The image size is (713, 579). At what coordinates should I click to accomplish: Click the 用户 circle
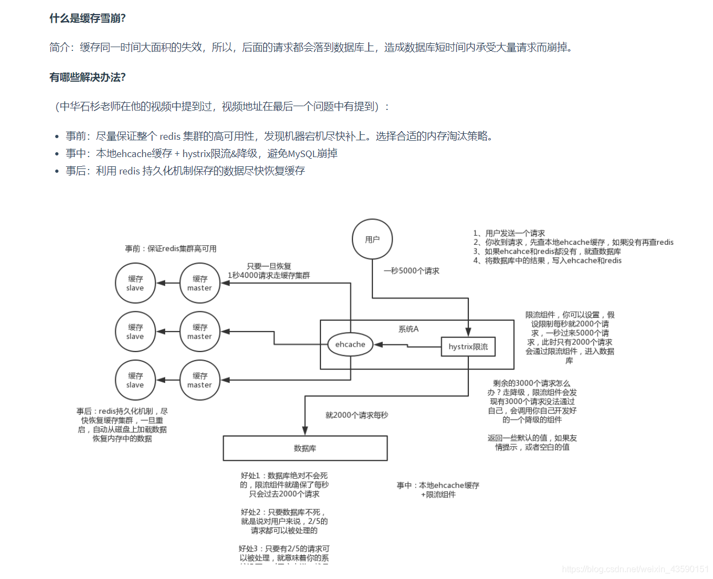click(x=372, y=239)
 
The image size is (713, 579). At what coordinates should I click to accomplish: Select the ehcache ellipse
click(x=350, y=344)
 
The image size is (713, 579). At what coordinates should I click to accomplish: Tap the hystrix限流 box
click(x=468, y=347)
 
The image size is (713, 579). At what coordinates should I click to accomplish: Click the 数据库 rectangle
click(x=305, y=448)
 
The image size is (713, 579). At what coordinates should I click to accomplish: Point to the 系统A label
click(x=408, y=329)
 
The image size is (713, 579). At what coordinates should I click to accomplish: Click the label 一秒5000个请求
click(x=411, y=271)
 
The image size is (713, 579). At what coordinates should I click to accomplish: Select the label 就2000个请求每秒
click(x=356, y=415)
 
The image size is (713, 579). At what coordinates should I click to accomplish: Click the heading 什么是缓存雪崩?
click(x=88, y=18)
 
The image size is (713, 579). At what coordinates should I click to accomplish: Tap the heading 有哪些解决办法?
click(x=88, y=77)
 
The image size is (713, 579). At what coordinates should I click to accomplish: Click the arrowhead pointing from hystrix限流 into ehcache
click(x=378, y=344)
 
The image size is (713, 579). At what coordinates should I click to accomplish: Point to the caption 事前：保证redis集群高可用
click(x=171, y=249)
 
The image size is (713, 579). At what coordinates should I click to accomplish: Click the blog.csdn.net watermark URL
click(x=635, y=569)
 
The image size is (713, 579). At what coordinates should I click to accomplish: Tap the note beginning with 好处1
click(x=284, y=485)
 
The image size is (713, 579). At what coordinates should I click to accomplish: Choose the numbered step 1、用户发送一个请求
click(x=509, y=233)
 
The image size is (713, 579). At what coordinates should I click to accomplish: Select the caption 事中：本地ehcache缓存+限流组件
click(x=438, y=490)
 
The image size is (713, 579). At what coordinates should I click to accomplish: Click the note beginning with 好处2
click(x=284, y=521)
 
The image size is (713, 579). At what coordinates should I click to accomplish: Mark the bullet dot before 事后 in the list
click(x=57, y=171)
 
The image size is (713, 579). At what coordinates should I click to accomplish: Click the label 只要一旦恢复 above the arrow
click(x=269, y=266)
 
